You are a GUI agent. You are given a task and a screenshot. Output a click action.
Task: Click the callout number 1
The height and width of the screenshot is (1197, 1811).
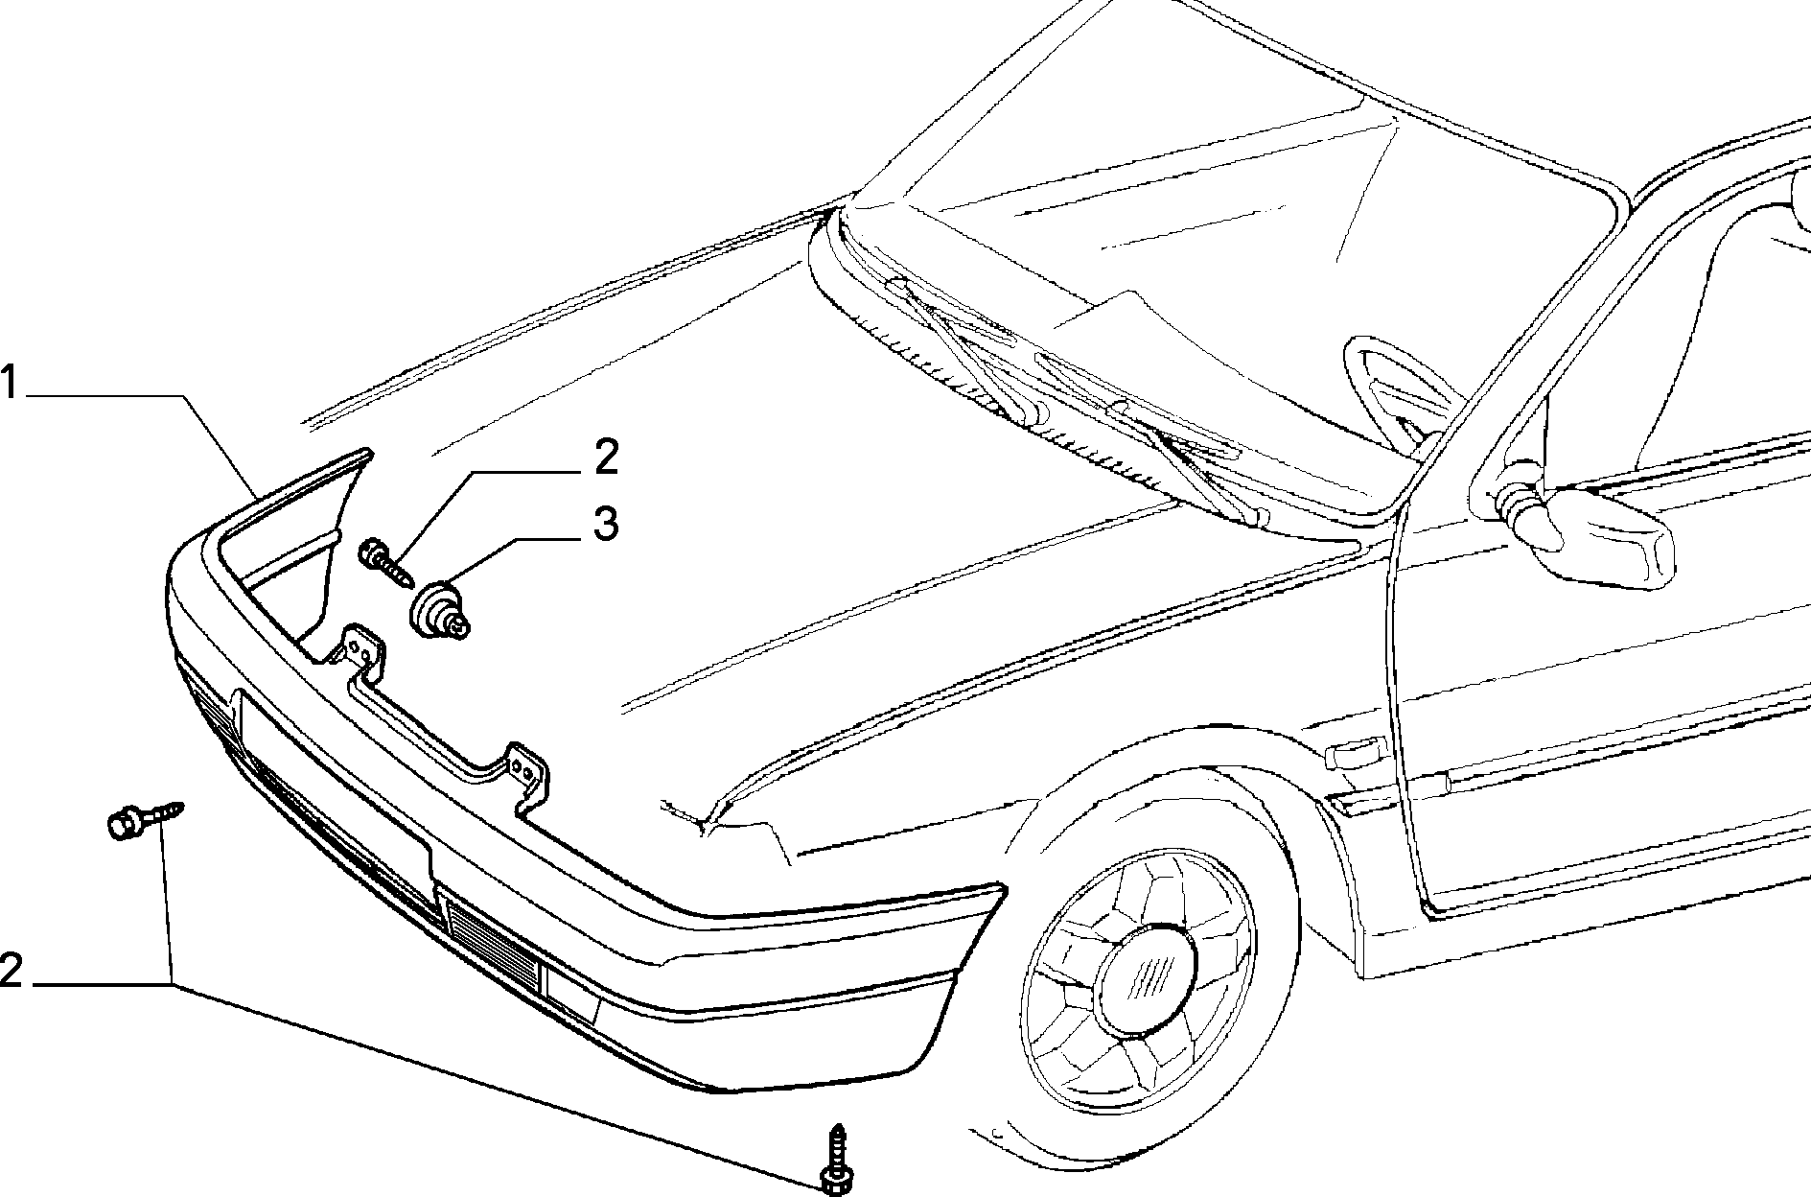point(9,383)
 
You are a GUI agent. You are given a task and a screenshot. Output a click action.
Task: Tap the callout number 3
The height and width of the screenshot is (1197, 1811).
point(605,525)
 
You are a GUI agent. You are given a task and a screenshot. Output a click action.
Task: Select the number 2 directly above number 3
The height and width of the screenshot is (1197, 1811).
point(606,458)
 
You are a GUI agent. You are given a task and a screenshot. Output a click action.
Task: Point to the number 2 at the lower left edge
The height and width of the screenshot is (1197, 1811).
point(11,971)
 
